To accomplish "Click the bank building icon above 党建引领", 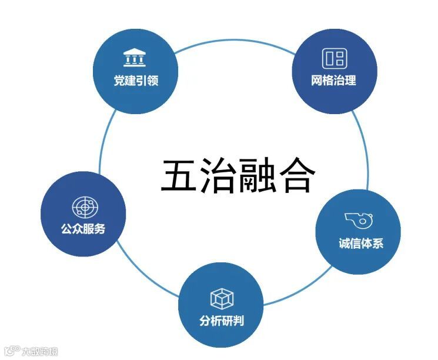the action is (134, 58).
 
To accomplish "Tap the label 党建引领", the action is (136, 81).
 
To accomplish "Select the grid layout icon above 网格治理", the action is (334, 58).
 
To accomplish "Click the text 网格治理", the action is (333, 80).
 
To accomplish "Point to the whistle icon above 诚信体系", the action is (356, 221).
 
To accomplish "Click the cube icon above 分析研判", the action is (221, 299).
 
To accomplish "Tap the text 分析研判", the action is (221, 321).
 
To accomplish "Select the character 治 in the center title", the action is (218, 175).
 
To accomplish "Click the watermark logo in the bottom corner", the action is (12, 351).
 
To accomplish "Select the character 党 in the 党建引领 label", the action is (119, 81).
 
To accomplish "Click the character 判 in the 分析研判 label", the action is (238, 321).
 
